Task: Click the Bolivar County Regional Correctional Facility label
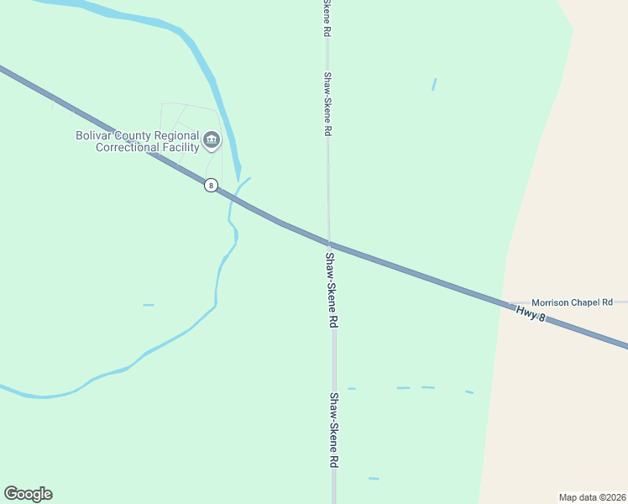click(x=137, y=141)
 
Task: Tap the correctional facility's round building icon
click(x=212, y=139)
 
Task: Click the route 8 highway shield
click(x=211, y=185)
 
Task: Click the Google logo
click(x=28, y=494)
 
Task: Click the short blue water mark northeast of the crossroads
click(x=433, y=84)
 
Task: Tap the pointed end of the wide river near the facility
click(x=238, y=179)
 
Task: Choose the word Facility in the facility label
click(x=179, y=148)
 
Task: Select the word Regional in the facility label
click(x=179, y=135)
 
